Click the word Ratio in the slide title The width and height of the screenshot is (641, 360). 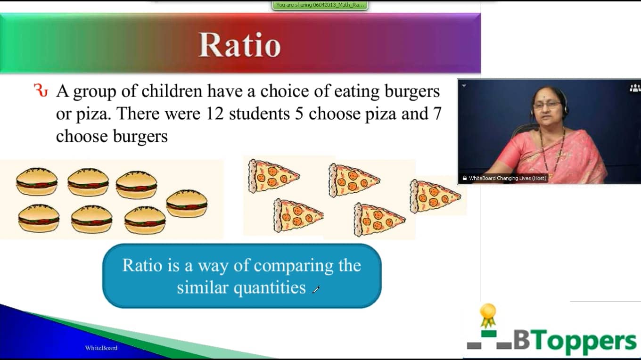tap(239, 45)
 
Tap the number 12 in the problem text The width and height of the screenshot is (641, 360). tap(214, 114)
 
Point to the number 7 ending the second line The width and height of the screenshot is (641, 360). tap(436, 114)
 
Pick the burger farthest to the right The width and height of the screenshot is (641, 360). tap(187, 203)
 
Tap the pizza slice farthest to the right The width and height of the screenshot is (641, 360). tap(434, 196)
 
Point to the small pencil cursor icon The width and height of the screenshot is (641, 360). tap(316, 290)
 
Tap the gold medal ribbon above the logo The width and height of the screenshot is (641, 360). tap(488, 315)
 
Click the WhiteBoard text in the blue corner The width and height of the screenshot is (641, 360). tap(101, 348)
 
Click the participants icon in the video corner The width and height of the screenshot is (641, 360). tap(634, 88)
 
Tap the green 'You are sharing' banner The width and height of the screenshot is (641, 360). tap(320, 5)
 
